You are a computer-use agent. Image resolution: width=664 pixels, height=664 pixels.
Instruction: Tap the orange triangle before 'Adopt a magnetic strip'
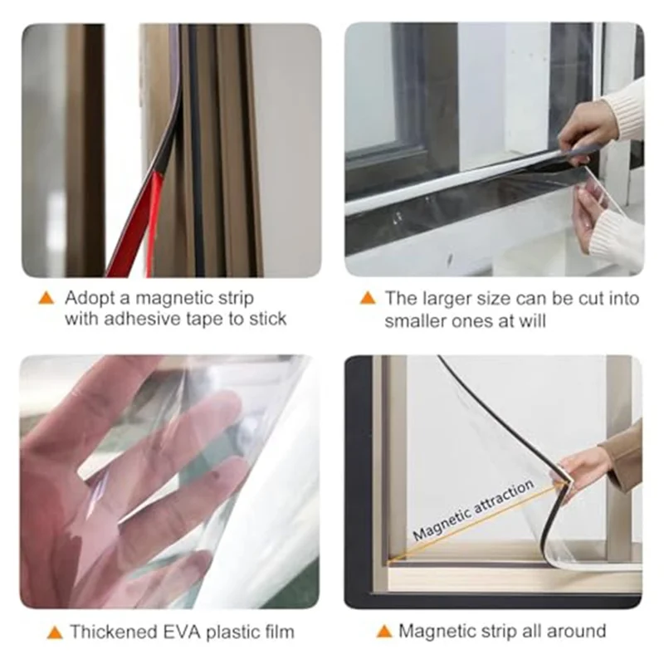point(46,298)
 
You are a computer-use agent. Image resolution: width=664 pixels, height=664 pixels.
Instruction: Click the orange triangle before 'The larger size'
point(368,298)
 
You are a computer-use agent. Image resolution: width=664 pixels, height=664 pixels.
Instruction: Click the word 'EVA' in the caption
point(178,632)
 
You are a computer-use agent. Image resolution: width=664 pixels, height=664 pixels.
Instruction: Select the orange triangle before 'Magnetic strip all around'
point(383,632)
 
